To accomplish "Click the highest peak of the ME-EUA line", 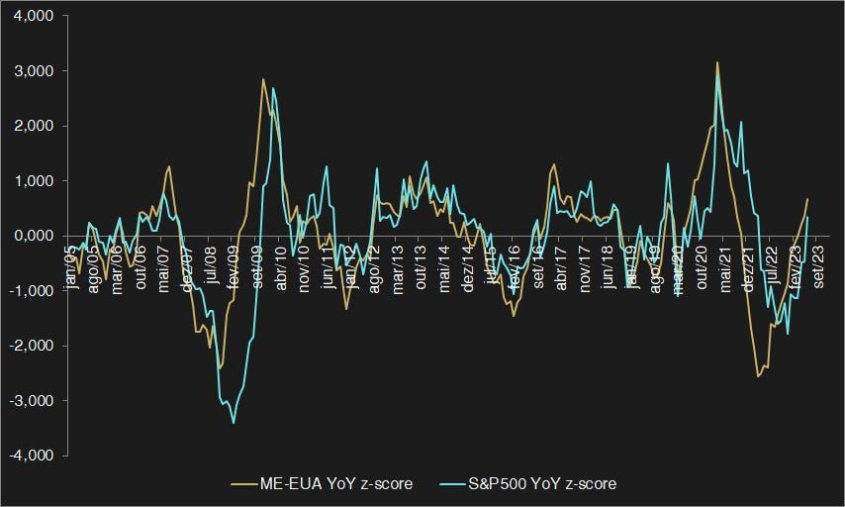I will click(717, 62).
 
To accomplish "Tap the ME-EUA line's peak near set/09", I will click(263, 79).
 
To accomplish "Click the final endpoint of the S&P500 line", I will click(807, 217).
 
